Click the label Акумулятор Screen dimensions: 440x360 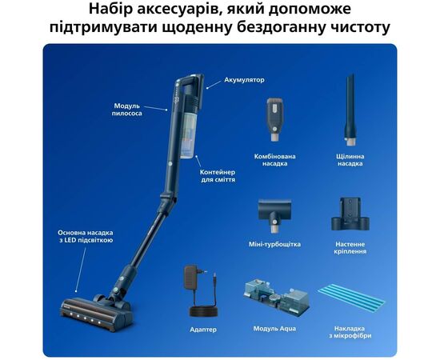pyautogui.click(x=244, y=80)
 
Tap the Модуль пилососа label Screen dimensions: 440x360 pyautogui.click(x=127, y=110)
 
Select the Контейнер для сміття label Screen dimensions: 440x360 pyautogui.click(x=218, y=176)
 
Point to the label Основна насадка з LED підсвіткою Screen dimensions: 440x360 pyautogui.click(x=86, y=237)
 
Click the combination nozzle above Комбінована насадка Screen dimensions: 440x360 pyautogui.click(x=274, y=119)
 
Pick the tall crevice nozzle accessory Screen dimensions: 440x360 pyautogui.click(x=350, y=110)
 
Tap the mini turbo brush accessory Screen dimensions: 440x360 pyautogui.click(x=274, y=214)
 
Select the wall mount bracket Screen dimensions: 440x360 pyautogui.click(x=350, y=214)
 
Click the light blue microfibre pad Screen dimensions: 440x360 pyautogui.click(x=352, y=298)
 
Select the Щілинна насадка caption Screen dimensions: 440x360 pyautogui.click(x=350, y=160)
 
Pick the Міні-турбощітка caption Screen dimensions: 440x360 pyautogui.click(x=274, y=244)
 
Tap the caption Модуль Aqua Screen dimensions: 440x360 pyautogui.click(x=274, y=329)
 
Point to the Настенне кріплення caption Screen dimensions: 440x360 pyautogui.click(x=350, y=248)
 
